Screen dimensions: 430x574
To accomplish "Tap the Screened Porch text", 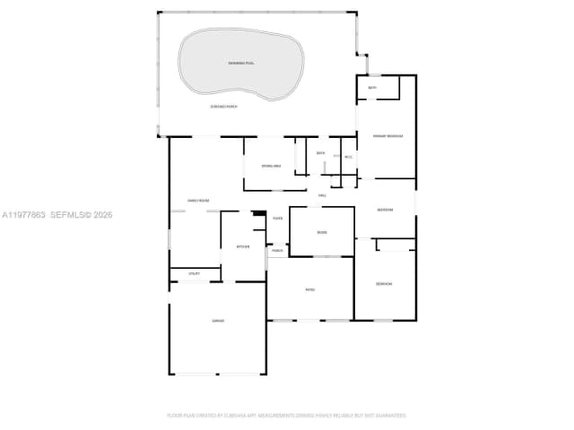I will point(223,107).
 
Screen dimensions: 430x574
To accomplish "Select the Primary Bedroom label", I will point(388,136).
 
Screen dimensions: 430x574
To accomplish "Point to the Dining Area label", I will point(271,167).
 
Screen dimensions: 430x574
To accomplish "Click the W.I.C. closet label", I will point(348,158).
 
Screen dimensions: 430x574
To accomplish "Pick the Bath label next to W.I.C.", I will point(321,153).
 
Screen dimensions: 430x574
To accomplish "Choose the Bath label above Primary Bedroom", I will point(372,88).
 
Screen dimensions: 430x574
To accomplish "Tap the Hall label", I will point(322,194).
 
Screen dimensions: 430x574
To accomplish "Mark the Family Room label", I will point(197,200).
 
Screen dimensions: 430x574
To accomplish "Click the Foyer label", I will point(278,219).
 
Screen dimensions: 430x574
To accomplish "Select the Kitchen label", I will point(242,246).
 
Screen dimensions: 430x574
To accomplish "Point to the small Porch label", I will point(278,251).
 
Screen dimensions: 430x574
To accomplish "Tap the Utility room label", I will point(194,273).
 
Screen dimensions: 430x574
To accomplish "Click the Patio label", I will point(310,289).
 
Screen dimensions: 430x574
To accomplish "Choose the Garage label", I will point(217,321).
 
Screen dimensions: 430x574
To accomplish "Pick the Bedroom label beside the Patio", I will point(384,284).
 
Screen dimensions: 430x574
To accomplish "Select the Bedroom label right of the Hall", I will point(385,210).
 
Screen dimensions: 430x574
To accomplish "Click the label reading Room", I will point(322,233).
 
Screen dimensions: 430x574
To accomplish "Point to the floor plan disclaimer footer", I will point(287,416).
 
